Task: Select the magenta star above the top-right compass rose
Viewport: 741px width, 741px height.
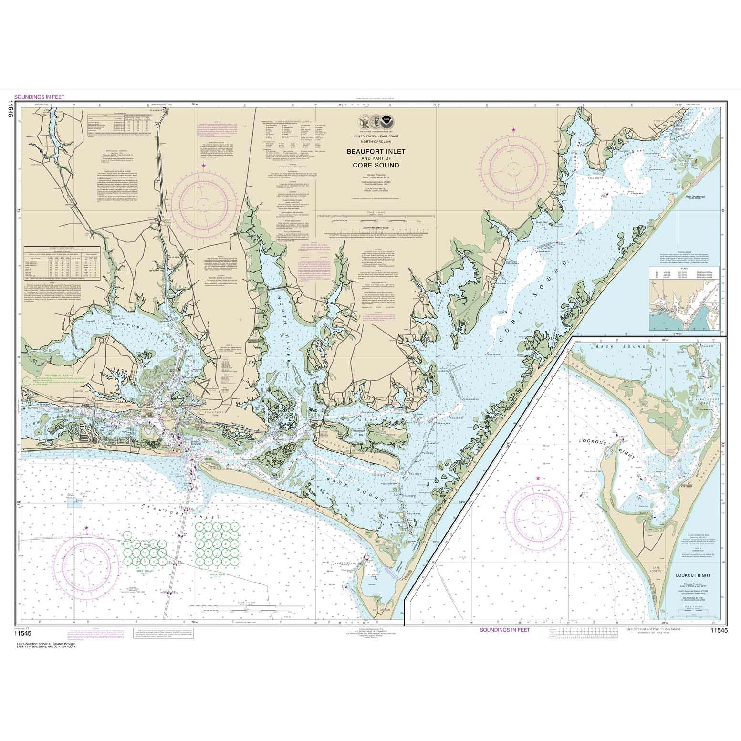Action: [x=514, y=130]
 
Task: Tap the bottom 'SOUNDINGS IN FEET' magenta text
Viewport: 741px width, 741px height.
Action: [x=504, y=630]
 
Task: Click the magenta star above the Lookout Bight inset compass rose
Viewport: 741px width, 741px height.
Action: [x=539, y=478]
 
